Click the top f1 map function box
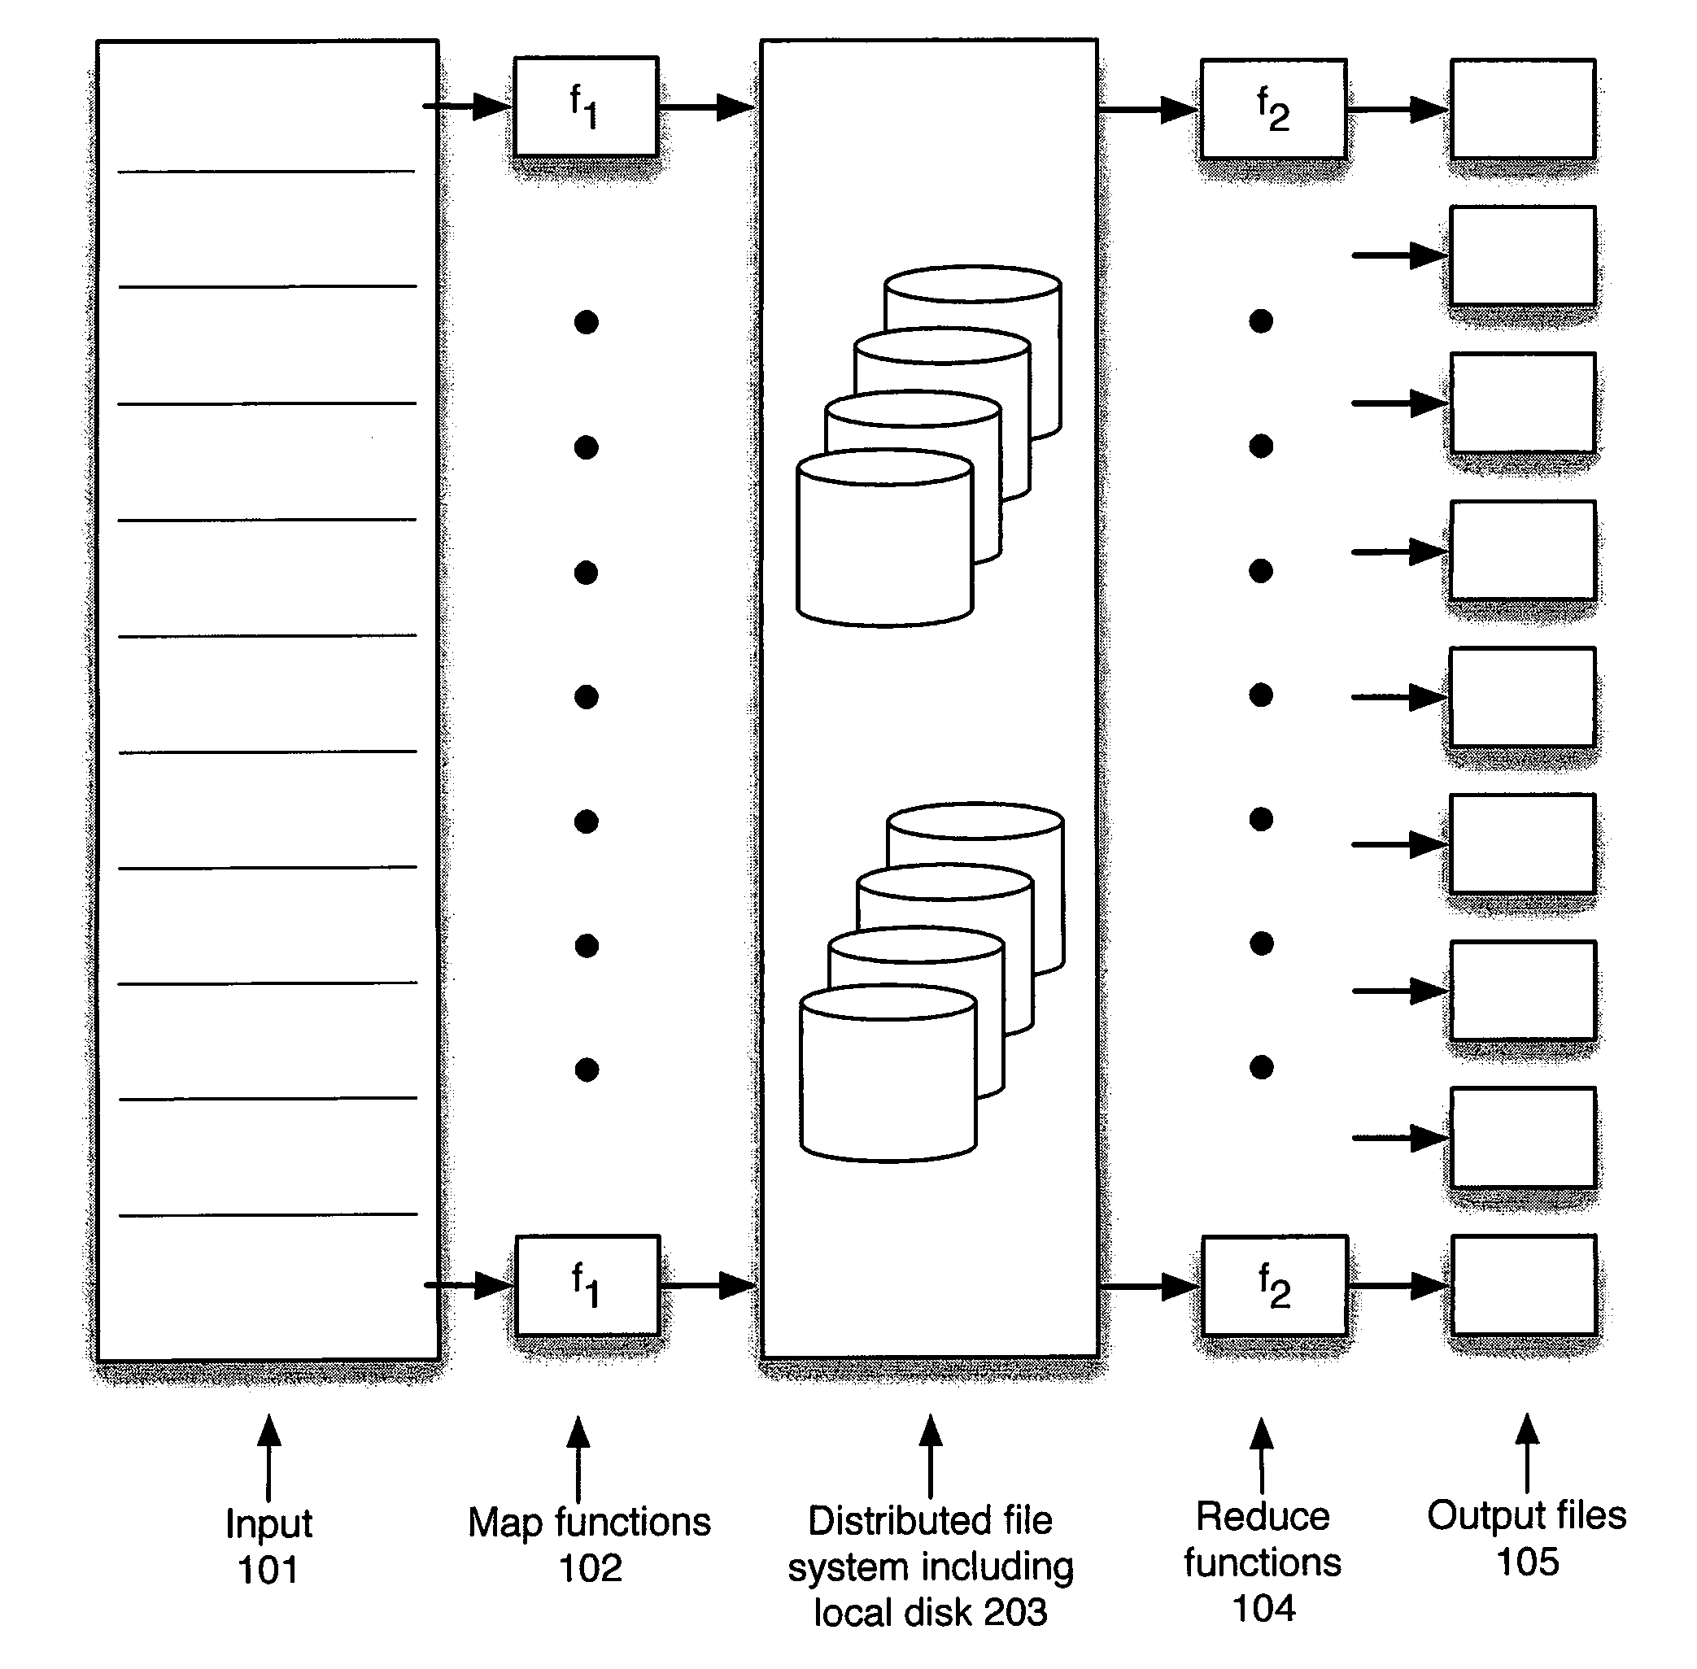(x=586, y=107)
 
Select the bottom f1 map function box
(x=587, y=1285)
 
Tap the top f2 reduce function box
(x=1272, y=109)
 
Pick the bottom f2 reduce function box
(x=1275, y=1286)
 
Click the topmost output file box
(x=1523, y=109)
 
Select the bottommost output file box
(x=1524, y=1285)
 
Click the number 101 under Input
(x=268, y=1570)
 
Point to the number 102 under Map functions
(x=590, y=1568)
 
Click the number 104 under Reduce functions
(x=1263, y=1609)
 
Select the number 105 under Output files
(x=1527, y=1562)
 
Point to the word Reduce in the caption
(x=1263, y=1516)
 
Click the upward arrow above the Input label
(x=269, y=1455)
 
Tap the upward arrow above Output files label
(x=1527, y=1451)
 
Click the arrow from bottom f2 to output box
(x=1398, y=1286)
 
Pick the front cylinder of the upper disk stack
(x=884, y=543)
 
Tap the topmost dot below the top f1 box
(x=587, y=323)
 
